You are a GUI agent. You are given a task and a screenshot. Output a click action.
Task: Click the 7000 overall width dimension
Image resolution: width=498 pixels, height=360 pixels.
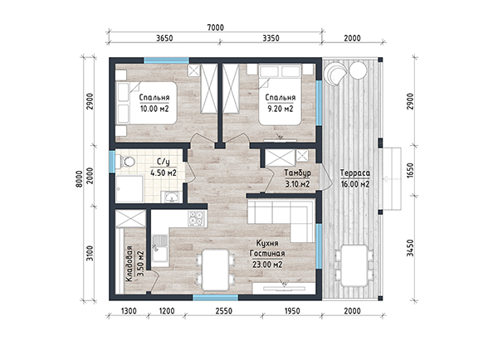tap(215, 27)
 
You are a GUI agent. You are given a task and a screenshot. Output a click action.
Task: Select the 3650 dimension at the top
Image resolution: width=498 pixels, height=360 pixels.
tap(164, 38)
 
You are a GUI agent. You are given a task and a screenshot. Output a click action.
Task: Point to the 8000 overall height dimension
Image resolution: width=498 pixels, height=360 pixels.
tap(80, 178)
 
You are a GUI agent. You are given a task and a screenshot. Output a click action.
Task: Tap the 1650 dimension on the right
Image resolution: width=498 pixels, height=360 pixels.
tap(411, 170)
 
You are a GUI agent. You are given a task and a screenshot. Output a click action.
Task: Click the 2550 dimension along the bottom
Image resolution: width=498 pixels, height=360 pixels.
tap(224, 311)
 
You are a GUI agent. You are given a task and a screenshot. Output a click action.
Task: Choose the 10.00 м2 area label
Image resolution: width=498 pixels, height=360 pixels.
tap(154, 109)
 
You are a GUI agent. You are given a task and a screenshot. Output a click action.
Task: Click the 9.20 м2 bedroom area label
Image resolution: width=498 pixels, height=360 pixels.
tap(281, 109)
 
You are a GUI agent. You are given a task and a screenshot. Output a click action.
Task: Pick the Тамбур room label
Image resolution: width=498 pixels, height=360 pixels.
tap(298, 173)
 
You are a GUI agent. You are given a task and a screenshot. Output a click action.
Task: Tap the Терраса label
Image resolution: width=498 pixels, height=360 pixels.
tap(355, 173)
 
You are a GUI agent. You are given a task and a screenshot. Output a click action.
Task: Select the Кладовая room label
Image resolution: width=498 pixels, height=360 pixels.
tap(129, 264)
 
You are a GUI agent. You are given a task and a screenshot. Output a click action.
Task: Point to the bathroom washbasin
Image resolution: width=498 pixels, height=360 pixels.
tap(171, 197)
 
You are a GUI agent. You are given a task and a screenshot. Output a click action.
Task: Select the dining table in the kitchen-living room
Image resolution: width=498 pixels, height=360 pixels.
tap(216, 270)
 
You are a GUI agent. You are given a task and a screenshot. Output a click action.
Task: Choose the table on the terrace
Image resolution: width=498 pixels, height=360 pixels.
tap(354, 265)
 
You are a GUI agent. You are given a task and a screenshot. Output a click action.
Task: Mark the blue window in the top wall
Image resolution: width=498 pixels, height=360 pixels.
tap(167, 61)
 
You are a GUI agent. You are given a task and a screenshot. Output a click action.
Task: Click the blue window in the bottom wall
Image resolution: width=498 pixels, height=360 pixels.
tap(216, 298)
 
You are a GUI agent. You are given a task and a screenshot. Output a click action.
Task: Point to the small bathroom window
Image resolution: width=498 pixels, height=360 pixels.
tap(112, 162)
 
